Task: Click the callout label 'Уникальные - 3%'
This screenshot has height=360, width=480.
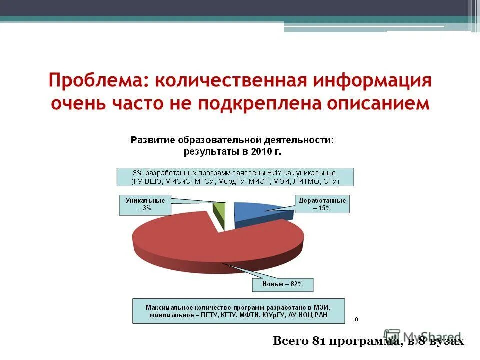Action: coord(138,205)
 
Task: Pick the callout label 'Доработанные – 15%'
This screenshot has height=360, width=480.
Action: coord(322,204)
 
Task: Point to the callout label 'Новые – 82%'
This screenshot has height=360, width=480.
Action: coord(283,284)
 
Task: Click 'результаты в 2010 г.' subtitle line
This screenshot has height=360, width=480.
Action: coord(232,150)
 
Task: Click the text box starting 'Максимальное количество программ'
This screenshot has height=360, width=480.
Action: coord(238,311)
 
